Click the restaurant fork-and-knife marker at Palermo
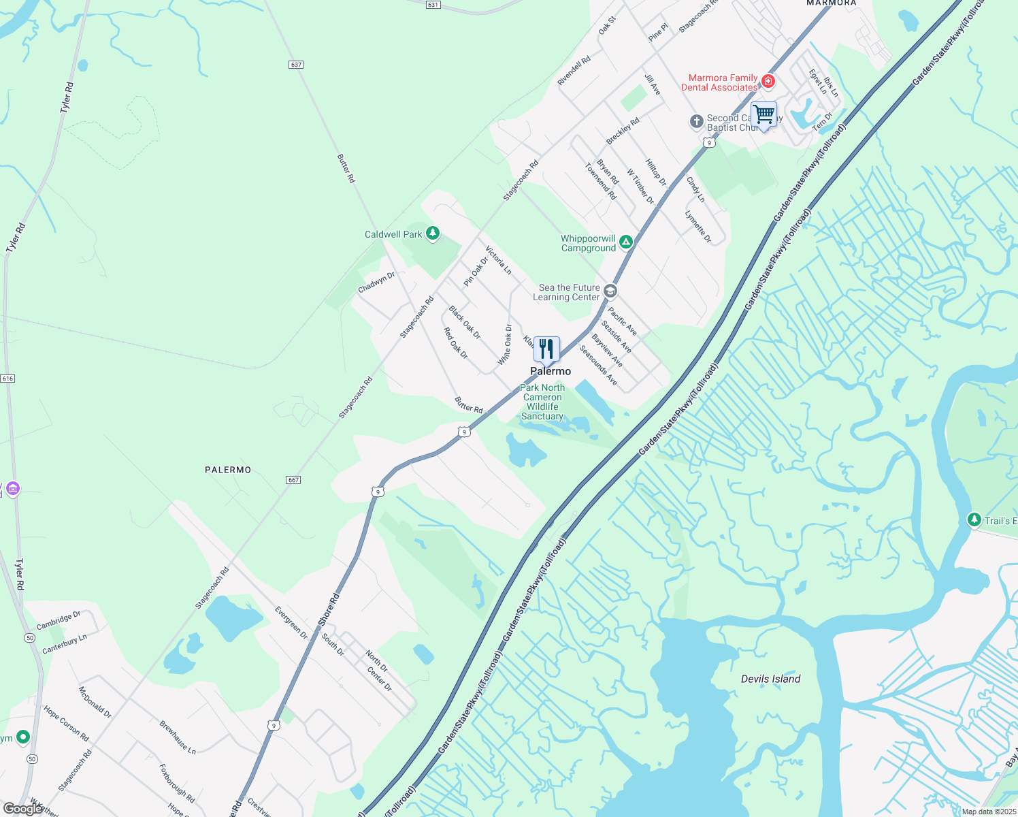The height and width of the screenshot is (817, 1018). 546,349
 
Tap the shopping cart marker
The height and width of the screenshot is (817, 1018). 764,114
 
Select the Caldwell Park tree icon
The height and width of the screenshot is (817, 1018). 432,234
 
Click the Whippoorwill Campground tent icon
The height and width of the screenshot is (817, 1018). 626,241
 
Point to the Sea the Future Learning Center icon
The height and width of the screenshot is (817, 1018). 610,291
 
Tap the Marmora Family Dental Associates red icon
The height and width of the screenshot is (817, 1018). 768,82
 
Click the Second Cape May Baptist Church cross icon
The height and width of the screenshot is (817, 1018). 696,121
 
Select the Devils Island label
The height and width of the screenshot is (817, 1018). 770,679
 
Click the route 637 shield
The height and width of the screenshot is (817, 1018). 295,65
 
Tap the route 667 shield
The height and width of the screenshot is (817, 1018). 293,480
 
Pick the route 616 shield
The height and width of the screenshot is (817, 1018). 7,379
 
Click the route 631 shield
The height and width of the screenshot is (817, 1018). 433,5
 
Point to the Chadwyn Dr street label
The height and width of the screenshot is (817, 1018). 376,283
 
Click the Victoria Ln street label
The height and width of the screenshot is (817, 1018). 498,260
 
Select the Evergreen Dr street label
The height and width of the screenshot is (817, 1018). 291,622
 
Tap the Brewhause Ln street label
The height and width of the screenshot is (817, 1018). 178,737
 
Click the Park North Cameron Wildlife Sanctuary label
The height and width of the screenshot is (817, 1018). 542,402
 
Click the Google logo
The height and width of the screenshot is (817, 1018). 22,808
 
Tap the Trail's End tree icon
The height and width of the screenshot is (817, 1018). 974,520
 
